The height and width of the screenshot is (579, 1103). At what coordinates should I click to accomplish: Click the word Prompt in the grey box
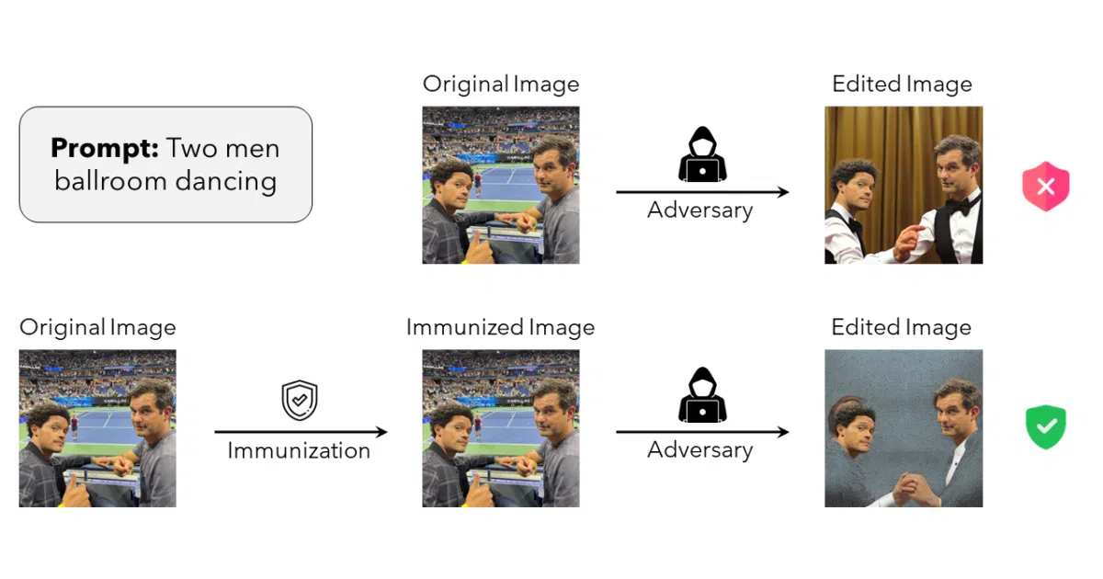click(105, 148)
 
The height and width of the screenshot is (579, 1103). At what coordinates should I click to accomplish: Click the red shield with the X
click(1046, 186)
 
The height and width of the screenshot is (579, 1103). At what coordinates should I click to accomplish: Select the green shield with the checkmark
click(1046, 426)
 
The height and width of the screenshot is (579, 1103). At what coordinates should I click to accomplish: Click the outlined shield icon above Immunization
click(300, 400)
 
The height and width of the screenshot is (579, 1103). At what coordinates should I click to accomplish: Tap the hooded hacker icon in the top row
click(702, 154)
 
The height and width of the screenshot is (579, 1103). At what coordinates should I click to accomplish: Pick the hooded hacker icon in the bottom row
click(702, 395)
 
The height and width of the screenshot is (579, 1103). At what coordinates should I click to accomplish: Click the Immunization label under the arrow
click(299, 450)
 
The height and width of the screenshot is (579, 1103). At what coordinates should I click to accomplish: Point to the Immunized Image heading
click(500, 328)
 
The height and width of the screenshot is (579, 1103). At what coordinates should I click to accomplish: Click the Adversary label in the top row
click(699, 210)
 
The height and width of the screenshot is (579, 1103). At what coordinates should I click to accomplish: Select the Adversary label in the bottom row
click(699, 450)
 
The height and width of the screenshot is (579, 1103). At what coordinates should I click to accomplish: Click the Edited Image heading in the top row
click(902, 85)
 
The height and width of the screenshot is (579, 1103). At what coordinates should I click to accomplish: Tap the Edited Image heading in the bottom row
click(902, 327)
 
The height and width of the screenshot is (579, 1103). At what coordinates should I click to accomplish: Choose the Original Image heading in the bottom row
click(97, 327)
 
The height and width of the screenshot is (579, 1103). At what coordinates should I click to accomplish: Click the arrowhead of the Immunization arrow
click(381, 432)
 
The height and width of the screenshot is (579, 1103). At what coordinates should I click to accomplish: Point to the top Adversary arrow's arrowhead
click(783, 192)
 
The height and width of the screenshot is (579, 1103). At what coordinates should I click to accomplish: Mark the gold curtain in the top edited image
click(886, 142)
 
